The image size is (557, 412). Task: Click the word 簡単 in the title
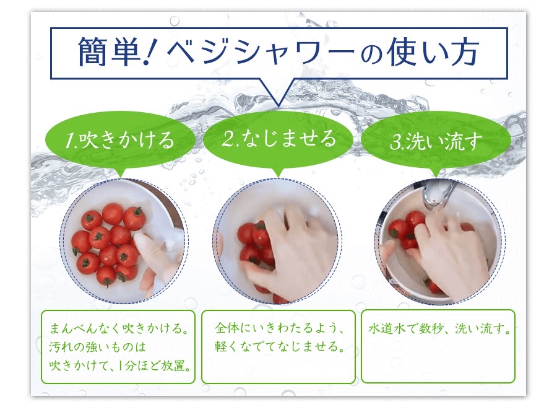[109, 52]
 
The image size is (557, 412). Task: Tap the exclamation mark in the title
[150, 52]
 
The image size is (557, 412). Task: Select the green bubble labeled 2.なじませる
[278, 139]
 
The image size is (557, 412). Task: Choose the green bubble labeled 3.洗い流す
[436, 141]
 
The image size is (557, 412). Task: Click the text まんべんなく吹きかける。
[119, 328]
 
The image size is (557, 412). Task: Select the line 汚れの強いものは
[97, 346]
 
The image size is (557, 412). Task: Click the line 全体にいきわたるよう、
[279, 328]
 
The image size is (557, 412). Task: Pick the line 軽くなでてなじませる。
[280, 346]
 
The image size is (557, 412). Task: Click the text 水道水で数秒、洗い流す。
[439, 328]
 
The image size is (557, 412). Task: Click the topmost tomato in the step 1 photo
[112, 214]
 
